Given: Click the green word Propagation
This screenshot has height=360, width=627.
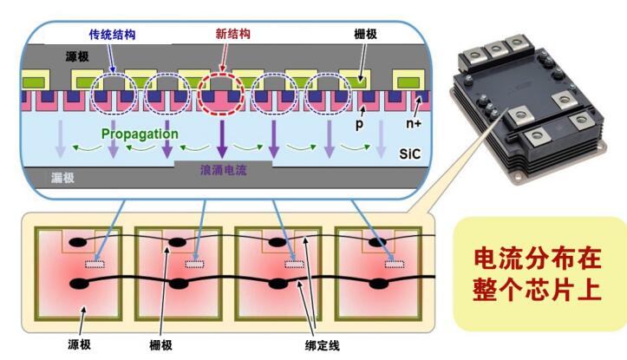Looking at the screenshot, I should (x=140, y=134).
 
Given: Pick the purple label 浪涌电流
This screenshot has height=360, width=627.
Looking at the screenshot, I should (x=223, y=170).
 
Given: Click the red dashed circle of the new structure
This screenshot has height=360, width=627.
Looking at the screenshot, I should (x=222, y=92).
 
